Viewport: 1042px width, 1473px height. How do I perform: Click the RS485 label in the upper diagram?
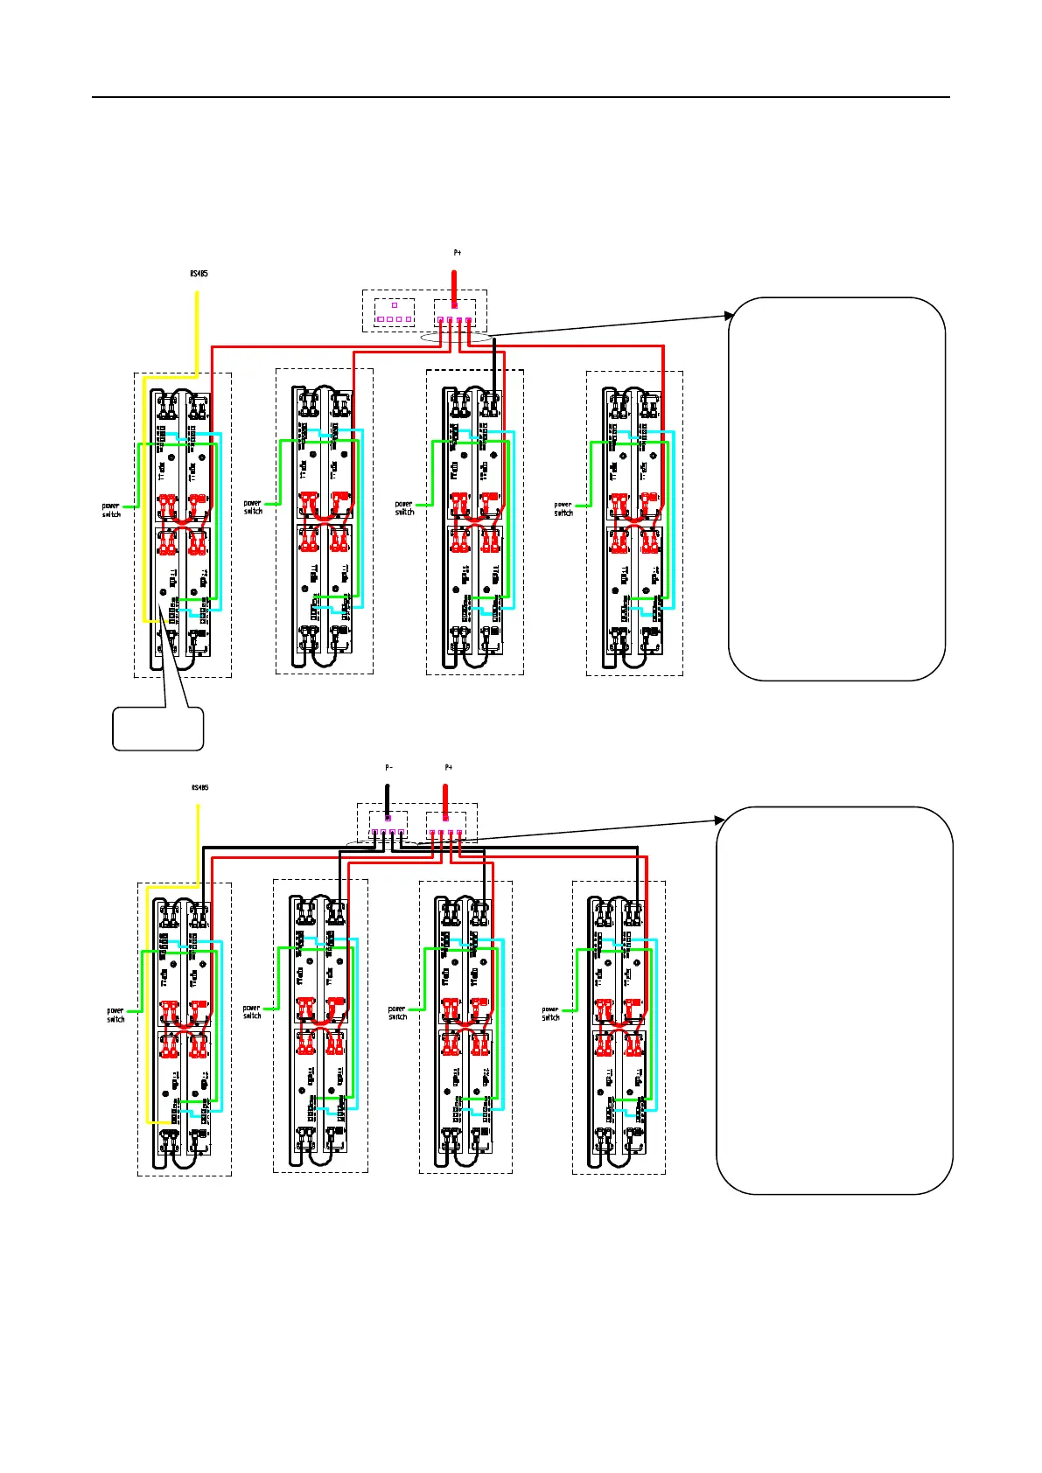click(199, 274)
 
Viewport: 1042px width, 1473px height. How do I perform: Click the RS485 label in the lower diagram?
click(199, 787)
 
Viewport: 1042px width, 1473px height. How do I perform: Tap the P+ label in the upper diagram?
click(457, 253)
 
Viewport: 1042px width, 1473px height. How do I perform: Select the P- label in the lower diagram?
click(389, 767)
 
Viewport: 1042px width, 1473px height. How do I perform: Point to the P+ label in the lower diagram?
click(448, 767)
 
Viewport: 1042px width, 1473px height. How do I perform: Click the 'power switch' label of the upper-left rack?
click(111, 510)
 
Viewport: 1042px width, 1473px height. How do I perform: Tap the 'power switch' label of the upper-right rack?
click(563, 509)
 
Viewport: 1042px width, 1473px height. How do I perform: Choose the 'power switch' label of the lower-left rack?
click(115, 1015)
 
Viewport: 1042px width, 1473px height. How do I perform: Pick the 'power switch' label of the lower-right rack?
click(550, 1014)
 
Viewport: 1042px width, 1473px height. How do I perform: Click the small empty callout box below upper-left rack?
click(158, 729)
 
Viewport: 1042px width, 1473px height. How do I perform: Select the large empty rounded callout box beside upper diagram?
click(836, 488)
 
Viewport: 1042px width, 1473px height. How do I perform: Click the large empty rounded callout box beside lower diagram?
click(834, 1000)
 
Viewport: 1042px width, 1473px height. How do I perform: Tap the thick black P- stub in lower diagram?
click(388, 798)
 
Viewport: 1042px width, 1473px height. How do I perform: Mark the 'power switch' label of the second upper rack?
click(253, 507)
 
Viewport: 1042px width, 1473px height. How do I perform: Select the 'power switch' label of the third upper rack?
click(404, 508)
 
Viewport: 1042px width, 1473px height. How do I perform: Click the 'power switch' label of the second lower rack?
click(252, 1012)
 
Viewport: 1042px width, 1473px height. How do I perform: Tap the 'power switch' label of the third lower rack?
click(397, 1013)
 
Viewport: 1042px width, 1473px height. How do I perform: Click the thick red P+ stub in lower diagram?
click(445, 798)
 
